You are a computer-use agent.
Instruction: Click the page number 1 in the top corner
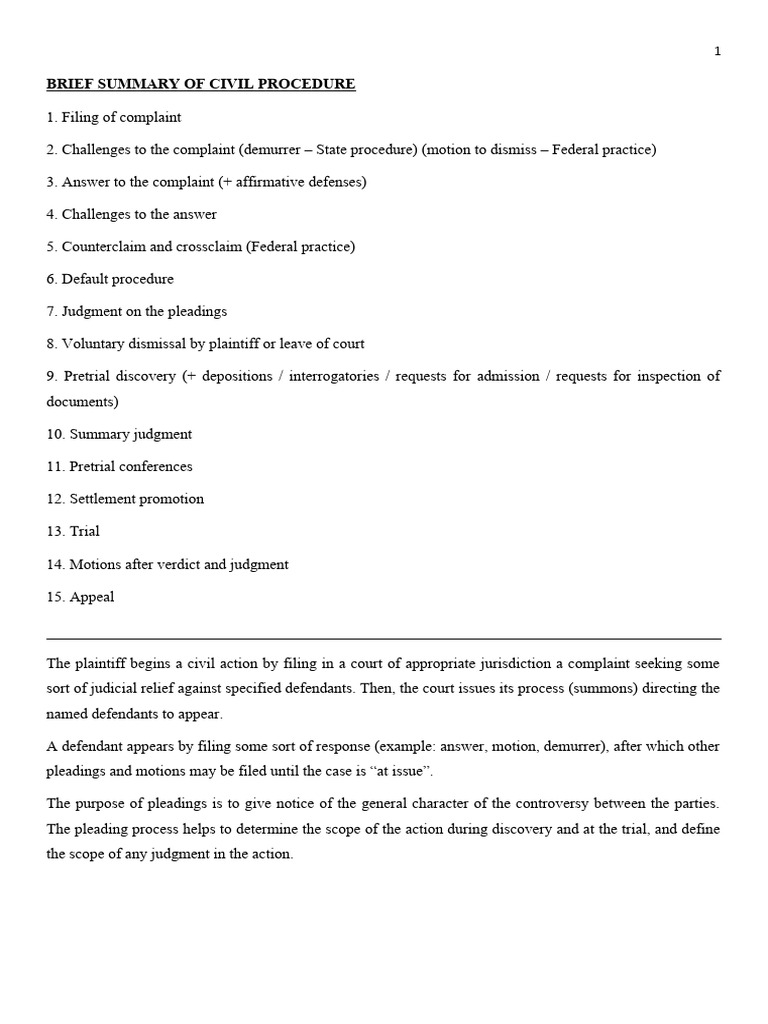tap(717, 52)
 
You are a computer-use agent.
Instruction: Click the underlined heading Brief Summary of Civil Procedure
tap(201, 84)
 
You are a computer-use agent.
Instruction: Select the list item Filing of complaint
tap(114, 117)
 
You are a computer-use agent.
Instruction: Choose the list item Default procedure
tap(110, 279)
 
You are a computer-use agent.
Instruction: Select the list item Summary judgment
tap(119, 434)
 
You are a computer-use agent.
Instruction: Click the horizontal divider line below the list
tap(384, 638)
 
